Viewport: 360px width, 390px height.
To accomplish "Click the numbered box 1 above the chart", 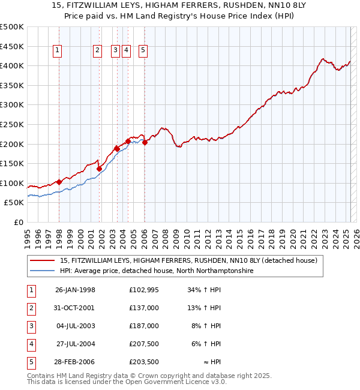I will (57, 51).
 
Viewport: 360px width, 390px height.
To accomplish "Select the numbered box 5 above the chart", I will (143, 51).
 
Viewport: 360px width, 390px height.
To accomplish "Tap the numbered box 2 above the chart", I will (97, 51).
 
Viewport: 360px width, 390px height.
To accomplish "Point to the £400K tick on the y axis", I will (12, 65).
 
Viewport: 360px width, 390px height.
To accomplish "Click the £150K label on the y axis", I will (12, 163).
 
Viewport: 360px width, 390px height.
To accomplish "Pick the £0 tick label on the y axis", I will (19, 222).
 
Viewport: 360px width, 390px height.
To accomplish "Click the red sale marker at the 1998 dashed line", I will (59, 182).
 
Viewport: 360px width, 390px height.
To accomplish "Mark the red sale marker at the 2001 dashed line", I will (99, 169).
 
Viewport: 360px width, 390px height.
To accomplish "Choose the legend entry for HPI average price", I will (157, 271).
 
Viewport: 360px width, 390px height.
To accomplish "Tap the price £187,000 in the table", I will (144, 326).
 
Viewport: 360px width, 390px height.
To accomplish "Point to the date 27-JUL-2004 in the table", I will (75, 344).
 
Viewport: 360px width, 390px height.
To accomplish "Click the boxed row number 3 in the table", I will (31, 326).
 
